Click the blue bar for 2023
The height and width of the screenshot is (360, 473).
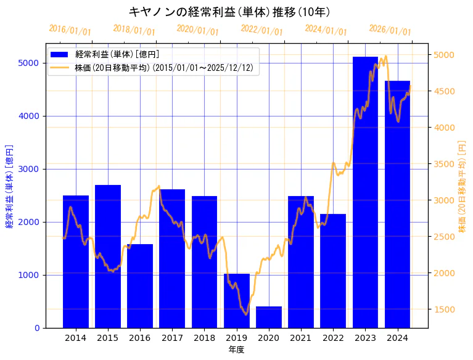(365, 192)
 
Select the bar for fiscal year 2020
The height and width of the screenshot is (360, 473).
(269, 317)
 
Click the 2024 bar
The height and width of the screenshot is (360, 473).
(397, 204)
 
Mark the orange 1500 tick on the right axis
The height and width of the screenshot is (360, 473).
(446, 309)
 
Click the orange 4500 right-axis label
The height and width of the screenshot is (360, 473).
(446, 91)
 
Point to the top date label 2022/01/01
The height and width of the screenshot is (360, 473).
(261, 31)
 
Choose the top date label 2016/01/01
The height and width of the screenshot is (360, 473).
(70, 30)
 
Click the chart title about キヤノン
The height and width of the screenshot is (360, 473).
(229, 12)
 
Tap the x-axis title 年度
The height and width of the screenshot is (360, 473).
(236, 350)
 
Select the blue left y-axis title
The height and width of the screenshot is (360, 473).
(9, 186)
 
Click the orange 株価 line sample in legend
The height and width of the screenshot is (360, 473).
(61, 67)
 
